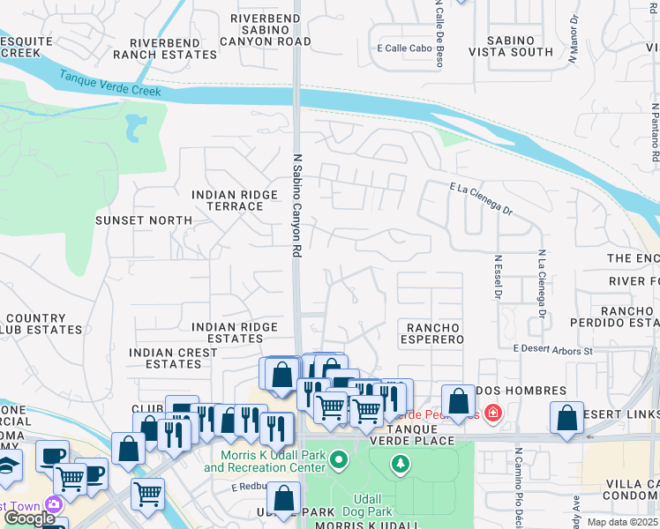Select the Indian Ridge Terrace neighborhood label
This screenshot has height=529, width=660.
228,200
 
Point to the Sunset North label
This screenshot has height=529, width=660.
143,220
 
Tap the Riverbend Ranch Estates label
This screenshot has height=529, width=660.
173,48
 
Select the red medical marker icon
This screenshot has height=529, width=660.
492,413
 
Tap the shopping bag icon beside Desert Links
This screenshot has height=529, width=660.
566,419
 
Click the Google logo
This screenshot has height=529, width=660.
30,518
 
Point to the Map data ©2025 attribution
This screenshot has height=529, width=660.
621,522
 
